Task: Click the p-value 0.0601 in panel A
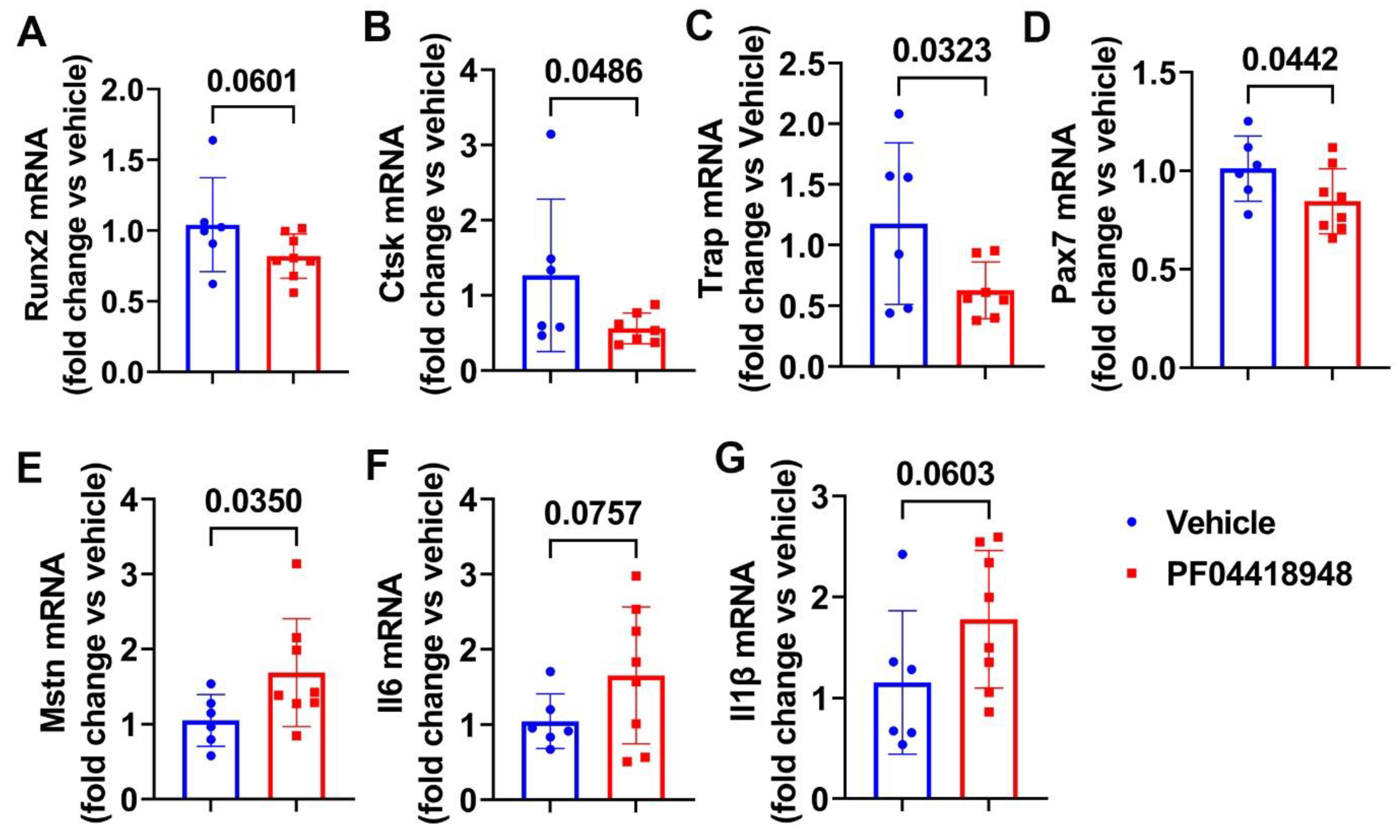click(x=252, y=82)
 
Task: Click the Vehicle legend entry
click(x=1220, y=524)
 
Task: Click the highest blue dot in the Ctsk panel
click(x=551, y=134)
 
